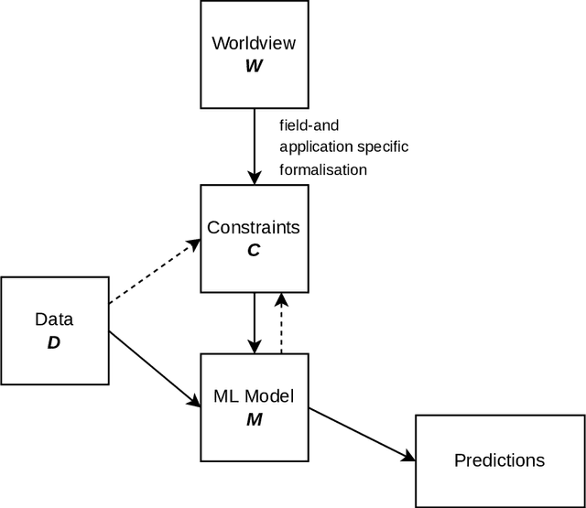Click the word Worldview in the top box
click(x=254, y=43)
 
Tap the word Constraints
click(x=254, y=226)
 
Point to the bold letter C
click(x=254, y=249)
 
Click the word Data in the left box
click(x=54, y=319)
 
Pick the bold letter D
click(x=54, y=342)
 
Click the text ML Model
click(x=254, y=397)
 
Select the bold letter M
click(x=254, y=419)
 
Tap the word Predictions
click(x=499, y=460)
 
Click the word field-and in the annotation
click(x=310, y=124)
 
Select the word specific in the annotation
click(x=385, y=146)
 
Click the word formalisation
click(x=323, y=169)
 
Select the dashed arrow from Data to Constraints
click(x=154, y=272)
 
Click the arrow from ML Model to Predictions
click(x=361, y=434)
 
